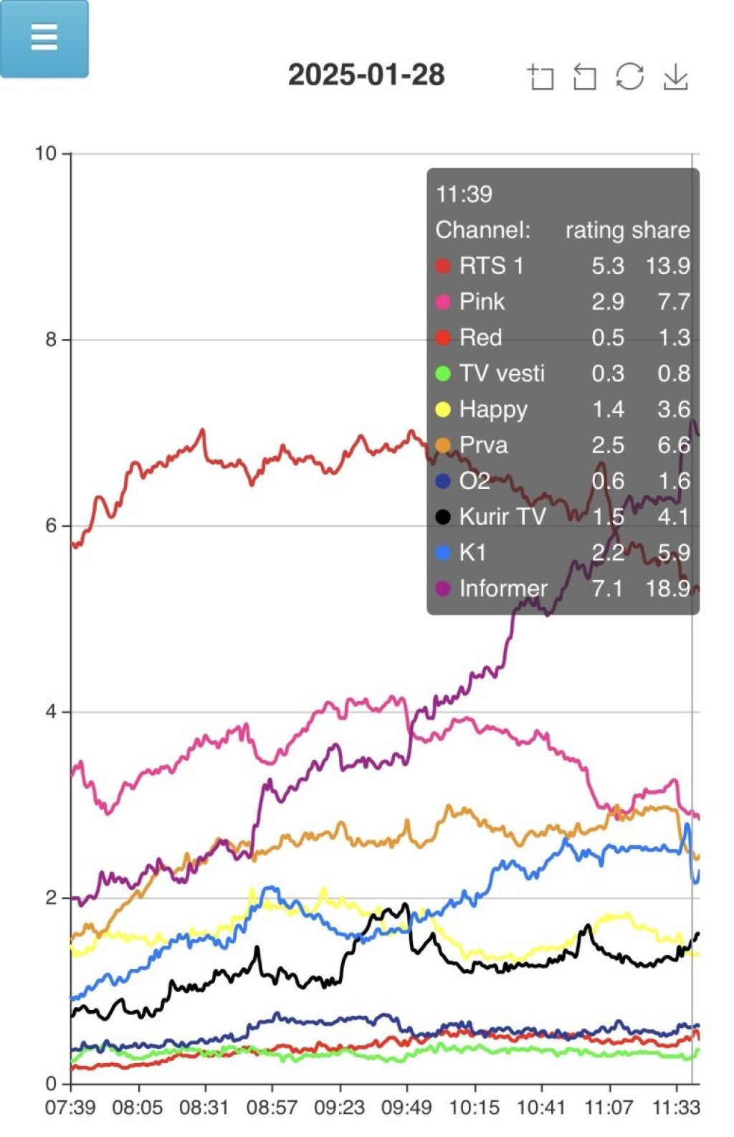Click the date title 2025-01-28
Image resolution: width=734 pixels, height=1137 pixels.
[x=366, y=75]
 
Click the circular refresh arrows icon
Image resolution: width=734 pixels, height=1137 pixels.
[x=629, y=77]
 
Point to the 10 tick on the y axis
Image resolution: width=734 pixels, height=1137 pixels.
[x=46, y=153]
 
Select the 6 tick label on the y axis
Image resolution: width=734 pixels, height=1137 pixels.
[x=51, y=525]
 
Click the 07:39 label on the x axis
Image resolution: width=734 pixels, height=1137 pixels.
[x=70, y=1108]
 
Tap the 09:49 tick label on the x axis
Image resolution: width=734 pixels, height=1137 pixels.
[x=406, y=1108]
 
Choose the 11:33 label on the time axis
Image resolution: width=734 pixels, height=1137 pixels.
[x=676, y=1108]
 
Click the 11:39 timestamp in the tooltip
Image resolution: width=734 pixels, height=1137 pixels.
[x=464, y=194]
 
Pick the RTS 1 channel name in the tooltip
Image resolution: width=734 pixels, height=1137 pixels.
[x=491, y=266]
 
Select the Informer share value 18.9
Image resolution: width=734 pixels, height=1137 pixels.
[x=667, y=589]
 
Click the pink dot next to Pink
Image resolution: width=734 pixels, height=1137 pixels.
[x=443, y=302]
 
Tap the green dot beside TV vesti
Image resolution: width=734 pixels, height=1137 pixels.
[x=443, y=374]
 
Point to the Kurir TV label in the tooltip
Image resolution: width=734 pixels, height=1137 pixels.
[x=502, y=517]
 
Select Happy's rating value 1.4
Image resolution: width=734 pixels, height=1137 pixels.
[x=607, y=409]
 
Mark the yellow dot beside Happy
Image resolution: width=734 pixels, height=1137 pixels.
[x=443, y=409]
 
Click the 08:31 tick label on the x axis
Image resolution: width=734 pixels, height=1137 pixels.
[x=204, y=1108]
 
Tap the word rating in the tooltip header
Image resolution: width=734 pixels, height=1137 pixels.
[x=594, y=230]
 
